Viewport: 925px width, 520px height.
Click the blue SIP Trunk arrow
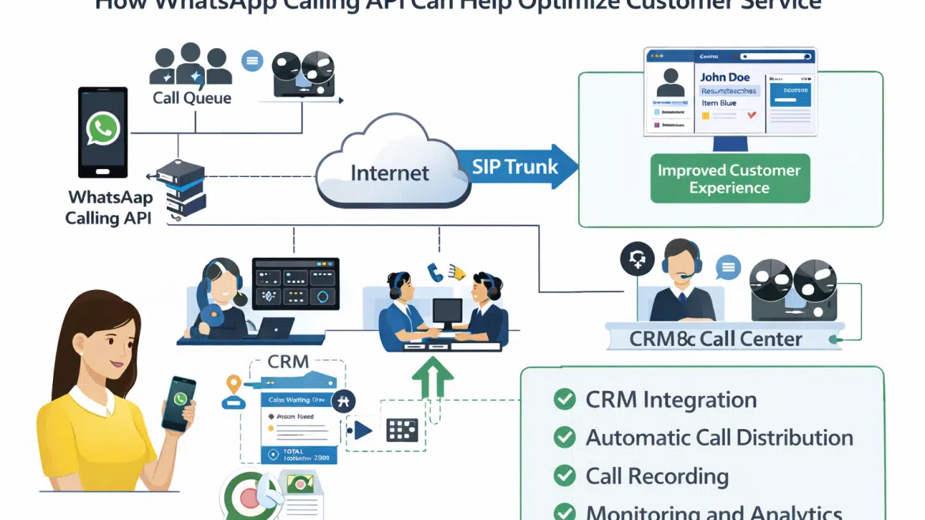pyautogui.click(x=514, y=167)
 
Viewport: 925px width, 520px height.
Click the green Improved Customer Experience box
pyautogui.click(x=728, y=179)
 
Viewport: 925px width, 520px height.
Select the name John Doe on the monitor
pyautogui.click(x=725, y=77)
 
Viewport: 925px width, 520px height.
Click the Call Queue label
pyautogui.click(x=192, y=98)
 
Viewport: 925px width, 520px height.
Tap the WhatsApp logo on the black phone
pyautogui.click(x=103, y=128)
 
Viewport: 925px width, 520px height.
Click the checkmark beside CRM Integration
pyautogui.click(x=564, y=399)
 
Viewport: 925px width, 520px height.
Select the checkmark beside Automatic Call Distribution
pyautogui.click(x=564, y=437)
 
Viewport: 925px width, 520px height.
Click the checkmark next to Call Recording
pyautogui.click(x=564, y=476)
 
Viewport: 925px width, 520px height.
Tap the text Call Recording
pyautogui.click(x=657, y=476)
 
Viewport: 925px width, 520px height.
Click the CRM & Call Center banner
pyautogui.click(x=715, y=338)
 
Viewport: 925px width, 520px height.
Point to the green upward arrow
pyautogui.click(x=432, y=375)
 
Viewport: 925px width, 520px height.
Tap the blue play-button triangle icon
pyautogui.click(x=362, y=430)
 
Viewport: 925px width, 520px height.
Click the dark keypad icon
pyautogui.click(x=402, y=430)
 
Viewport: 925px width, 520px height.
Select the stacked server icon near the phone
pyautogui.click(x=181, y=187)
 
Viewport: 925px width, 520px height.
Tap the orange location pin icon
pyautogui.click(x=232, y=385)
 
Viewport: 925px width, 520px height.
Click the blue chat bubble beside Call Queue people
pyautogui.click(x=252, y=61)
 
